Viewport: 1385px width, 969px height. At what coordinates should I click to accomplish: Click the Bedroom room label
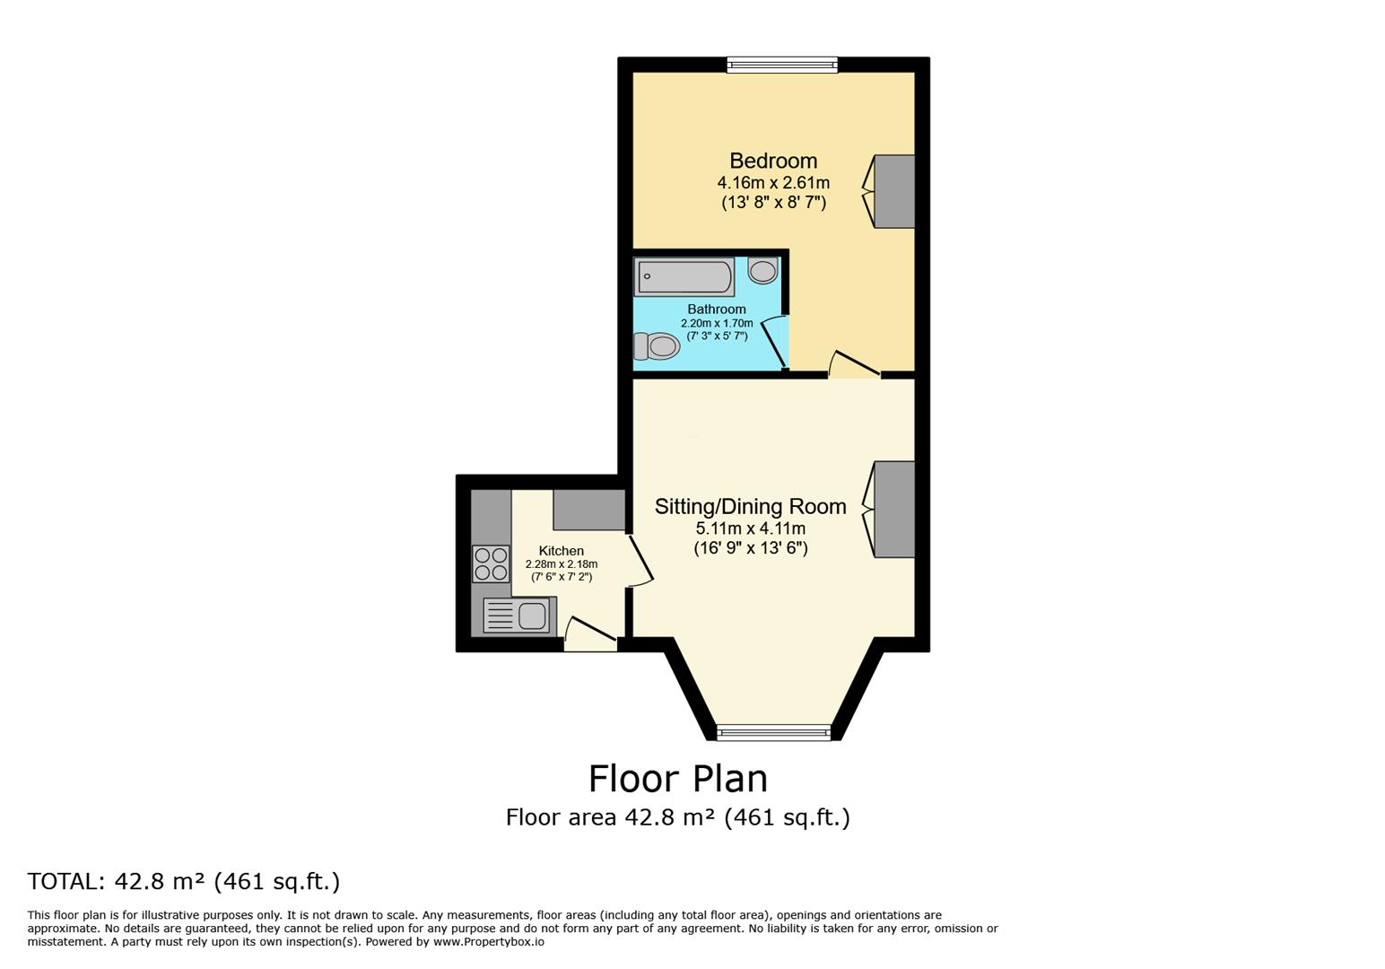coord(773,161)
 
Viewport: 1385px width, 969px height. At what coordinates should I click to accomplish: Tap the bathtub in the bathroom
coord(684,276)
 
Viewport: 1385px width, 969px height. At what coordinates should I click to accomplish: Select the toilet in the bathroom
coord(657,345)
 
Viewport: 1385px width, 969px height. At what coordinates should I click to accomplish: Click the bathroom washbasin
coord(763,270)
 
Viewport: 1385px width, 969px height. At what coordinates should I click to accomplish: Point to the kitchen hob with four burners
coord(491,563)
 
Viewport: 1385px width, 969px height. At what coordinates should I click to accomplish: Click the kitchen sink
coord(517,615)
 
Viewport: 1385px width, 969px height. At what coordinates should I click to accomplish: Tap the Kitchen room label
coord(562,551)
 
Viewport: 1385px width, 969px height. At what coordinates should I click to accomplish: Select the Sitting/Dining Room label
coord(750,507)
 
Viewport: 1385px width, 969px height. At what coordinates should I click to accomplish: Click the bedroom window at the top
coord(781,65)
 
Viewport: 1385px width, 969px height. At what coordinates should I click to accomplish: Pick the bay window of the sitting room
coord(774,733)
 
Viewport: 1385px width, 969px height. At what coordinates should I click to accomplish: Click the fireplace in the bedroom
coord(893,191)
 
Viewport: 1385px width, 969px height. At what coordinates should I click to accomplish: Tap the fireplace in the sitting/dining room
coord(893,509)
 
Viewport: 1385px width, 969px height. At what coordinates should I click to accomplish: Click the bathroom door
coord(773,342)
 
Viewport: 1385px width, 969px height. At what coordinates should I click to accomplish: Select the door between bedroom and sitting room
coord(853,364)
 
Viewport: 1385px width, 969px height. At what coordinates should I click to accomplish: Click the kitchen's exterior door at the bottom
coord(590,634)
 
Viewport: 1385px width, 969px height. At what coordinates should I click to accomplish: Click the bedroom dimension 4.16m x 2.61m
coord(773,183)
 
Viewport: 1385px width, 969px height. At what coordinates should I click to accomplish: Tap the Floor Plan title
coord(678,779)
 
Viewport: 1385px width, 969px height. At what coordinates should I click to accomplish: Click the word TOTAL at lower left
coord(65,882)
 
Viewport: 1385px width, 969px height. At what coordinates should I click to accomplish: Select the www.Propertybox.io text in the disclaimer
coord(489,942)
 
